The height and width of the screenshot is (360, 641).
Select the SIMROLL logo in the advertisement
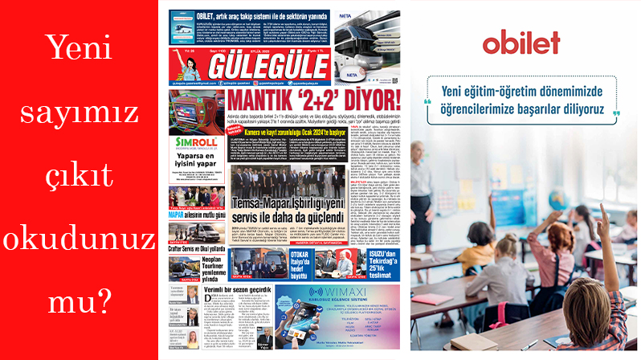tap(193, 145)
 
